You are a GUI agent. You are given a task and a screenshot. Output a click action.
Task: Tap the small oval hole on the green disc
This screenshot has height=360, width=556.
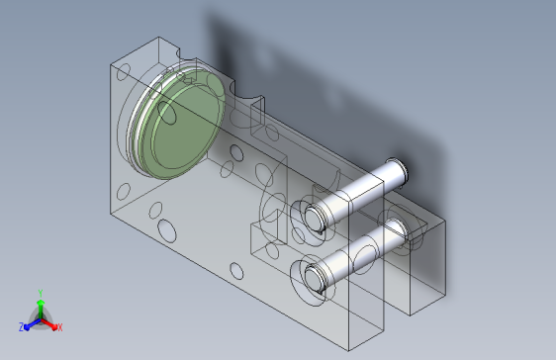[x=166, y=113]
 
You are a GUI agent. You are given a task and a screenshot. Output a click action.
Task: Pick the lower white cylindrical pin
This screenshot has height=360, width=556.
[x=354, y=255]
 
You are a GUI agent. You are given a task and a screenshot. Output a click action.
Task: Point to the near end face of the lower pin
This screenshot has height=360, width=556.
[x=313, y=277]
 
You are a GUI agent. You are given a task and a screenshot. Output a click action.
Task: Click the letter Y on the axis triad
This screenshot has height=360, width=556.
[x=41, y=293]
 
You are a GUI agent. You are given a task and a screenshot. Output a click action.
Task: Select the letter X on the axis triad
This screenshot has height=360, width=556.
[x=60, y=327]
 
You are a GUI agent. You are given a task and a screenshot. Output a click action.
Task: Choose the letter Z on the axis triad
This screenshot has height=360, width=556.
[x=22, y=327]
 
